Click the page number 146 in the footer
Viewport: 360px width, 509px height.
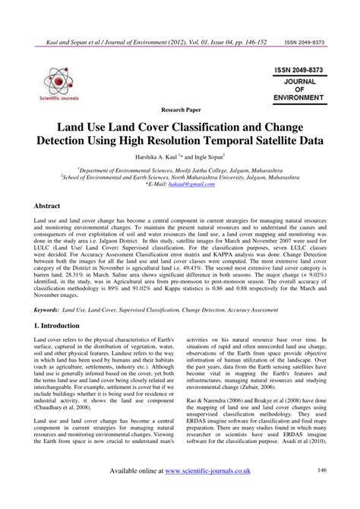pyautogui.click(x=323, y=492)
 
